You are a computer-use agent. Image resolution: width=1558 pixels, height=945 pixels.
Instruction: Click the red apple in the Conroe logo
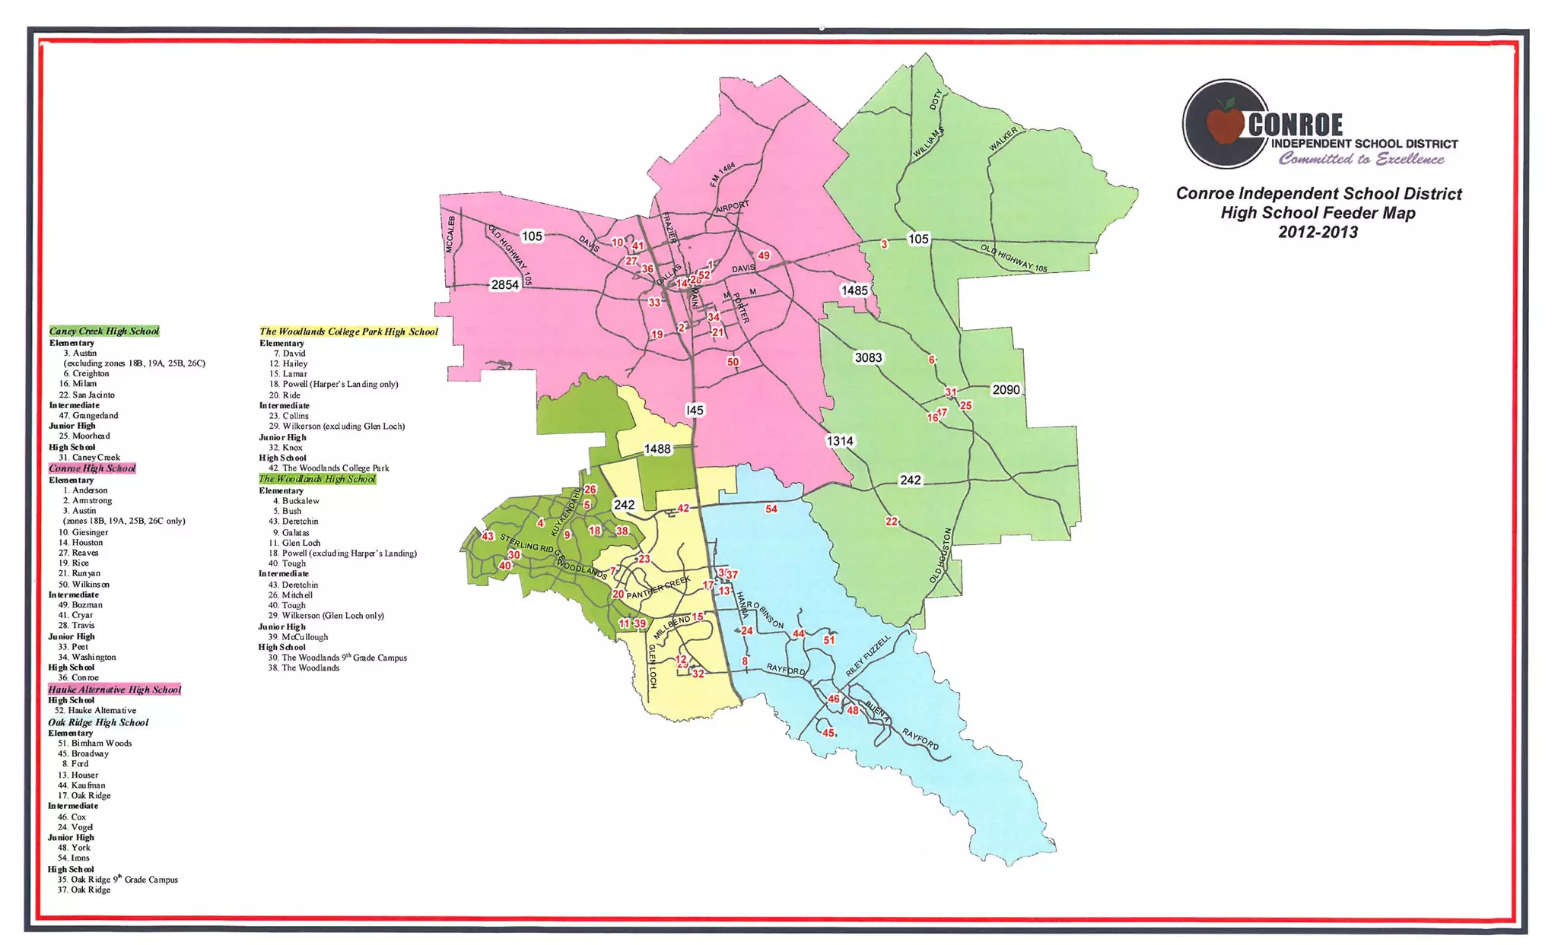[x=1224, y=123]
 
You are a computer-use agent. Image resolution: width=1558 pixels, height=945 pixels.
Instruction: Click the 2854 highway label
[x=504, y=284]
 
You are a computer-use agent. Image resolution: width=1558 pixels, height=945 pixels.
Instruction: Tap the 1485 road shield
[x=854, y=290]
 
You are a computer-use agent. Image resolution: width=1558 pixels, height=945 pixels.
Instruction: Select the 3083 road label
[x=868, y=357]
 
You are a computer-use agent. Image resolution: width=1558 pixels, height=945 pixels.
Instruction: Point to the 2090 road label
[x=1006, y=389]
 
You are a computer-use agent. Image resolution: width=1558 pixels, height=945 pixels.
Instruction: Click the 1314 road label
[x=840, y=441]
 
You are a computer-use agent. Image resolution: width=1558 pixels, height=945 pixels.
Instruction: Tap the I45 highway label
[x=695, y=410]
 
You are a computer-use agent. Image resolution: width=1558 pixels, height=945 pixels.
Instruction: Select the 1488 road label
[x=657, y=449]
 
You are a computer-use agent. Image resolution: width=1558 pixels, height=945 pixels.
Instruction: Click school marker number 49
[x=764, y=256]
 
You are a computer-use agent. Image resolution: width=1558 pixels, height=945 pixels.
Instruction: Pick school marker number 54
[x=771, y=509]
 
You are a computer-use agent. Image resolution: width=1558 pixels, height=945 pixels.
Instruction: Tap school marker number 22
[x=892, y=522]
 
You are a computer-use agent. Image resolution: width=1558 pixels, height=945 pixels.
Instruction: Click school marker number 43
[x=488, y=536]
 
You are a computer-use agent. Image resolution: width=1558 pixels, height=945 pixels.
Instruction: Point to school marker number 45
[x=828, y=733]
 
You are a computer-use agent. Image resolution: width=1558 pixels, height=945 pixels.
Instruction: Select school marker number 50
[x=733, y=362]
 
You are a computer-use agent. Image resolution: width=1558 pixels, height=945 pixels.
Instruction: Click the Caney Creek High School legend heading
[x=104, y=331]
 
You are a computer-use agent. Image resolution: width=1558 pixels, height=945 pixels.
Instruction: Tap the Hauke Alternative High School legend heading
[x=115, y=690]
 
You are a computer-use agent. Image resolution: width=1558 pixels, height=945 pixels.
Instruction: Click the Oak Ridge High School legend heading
[x=98, y=722]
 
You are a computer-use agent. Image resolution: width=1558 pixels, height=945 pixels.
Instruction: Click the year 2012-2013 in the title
[x=1318, y=233]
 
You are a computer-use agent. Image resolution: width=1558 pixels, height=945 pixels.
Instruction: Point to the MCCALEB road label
[x=450, y=235]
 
